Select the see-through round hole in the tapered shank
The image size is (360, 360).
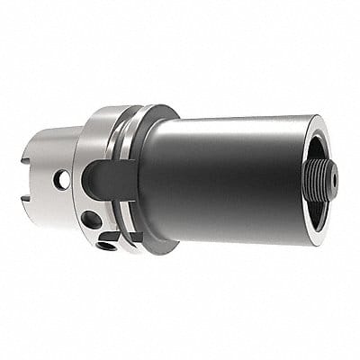(64, 181)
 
